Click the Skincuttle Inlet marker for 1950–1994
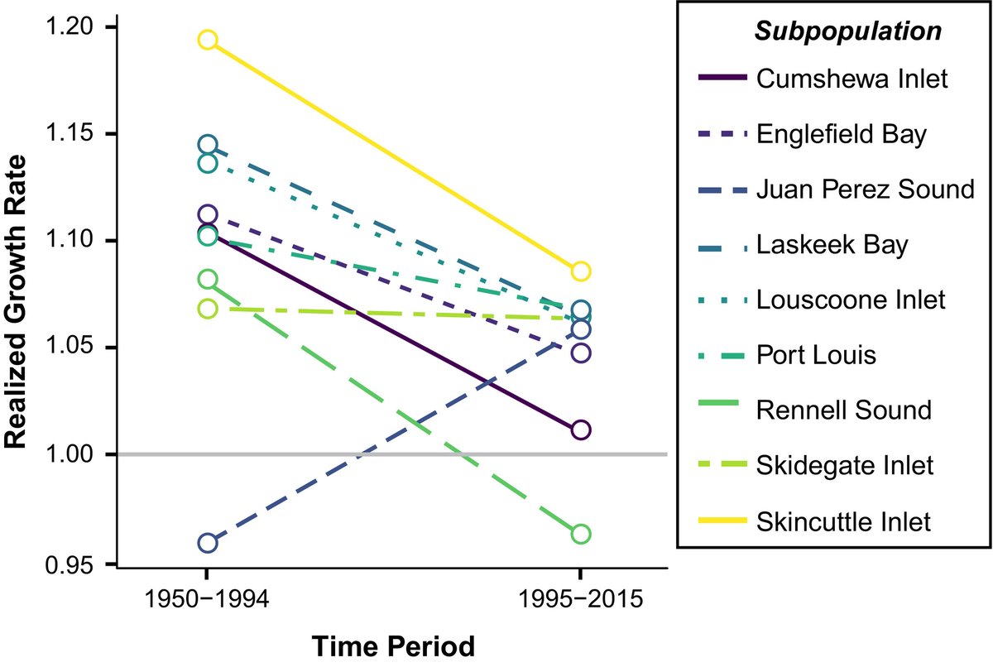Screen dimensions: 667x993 [x=208, y=40]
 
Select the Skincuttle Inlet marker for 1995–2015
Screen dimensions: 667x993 [x=581, y=271]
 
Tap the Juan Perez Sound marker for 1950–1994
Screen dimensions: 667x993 [x=208, y=544]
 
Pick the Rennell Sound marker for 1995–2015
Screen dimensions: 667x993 [x=581, y=534]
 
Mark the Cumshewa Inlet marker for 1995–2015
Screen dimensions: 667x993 [x=581, y=429]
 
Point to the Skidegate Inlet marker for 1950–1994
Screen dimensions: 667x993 [x=208, y=309]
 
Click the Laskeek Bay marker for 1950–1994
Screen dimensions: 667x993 [x=208, y=145]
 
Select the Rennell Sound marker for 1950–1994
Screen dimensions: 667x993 [x=208, y=279]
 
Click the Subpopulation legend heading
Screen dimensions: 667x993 [x=847, y=32]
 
